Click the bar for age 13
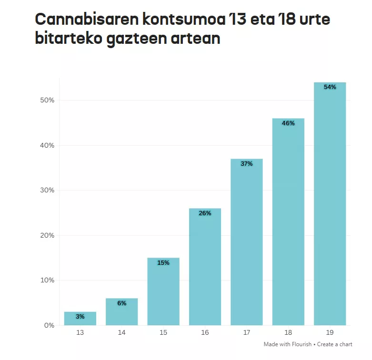click(x=80, y=319)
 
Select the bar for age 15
click(x=163, y=291)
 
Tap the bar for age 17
click(x=246, y=242)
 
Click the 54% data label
click(x=330, y=87)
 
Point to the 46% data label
click(x=288, y=123)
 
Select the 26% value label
click(x=205, y=213)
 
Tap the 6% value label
click(x=121, y=303)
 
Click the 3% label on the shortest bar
click(x=80, y=317)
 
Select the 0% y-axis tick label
click(x=50, y=326)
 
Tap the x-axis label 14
click(x=121, y=333)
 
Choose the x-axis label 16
click(x=205, y=333)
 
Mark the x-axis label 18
click(x=288, y=333)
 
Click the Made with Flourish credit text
click(x=287, y=344)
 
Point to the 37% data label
click(x=246, y=164)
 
